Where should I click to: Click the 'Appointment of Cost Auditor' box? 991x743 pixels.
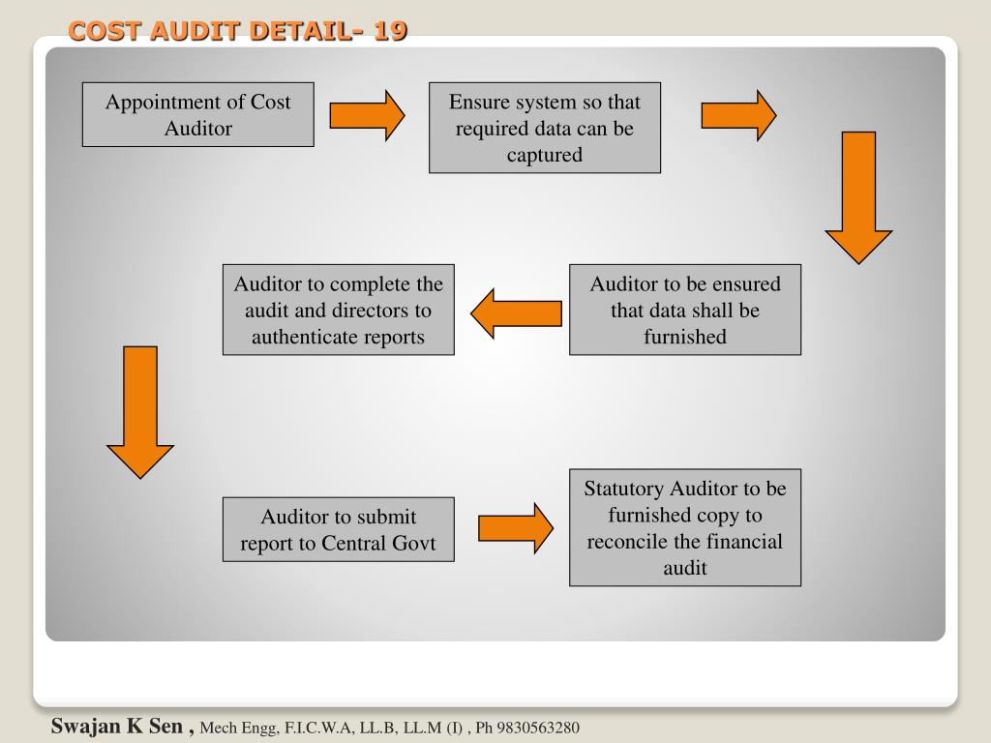click(x=197, y=115)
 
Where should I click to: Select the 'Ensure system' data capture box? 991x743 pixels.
click(x=545, y=128)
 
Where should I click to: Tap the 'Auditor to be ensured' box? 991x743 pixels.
click(x=685, y=310)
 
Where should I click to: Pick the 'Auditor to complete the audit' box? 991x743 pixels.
click(x=339, y=310)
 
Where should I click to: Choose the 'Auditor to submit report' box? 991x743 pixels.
click(x=339, y=529)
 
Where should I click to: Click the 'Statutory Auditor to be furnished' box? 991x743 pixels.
click(x=685, y=528)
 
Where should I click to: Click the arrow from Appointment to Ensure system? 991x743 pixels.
click(x=367, y=115)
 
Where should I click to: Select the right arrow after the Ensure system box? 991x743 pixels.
click(x=738, y=115)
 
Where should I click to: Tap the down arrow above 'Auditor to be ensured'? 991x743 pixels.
click(x=857, y=196)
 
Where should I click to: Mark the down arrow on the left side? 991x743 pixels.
click(x=140, y=411)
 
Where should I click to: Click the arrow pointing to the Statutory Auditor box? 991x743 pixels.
click(x=516, y=528)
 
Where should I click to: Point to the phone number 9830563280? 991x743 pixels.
click(x=538, y=728)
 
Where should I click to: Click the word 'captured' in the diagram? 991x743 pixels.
click(x=545, y=155)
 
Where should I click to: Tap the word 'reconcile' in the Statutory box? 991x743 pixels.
click(x=630, y=541)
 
